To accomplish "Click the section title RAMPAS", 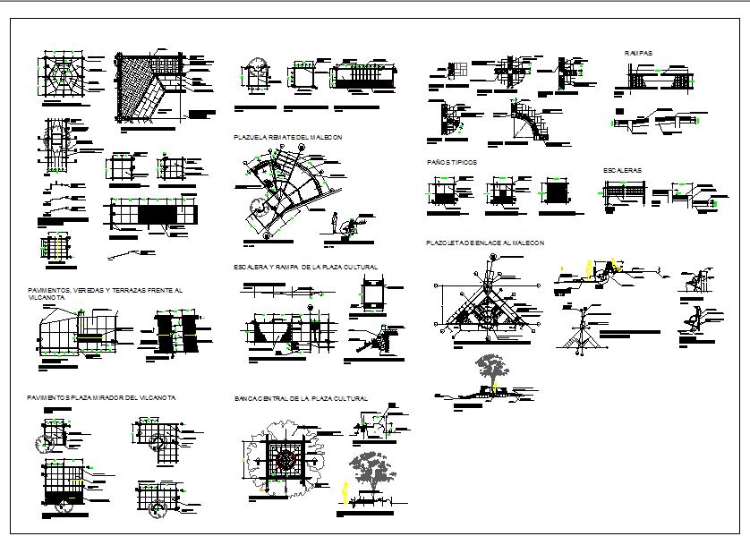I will click(638, 54).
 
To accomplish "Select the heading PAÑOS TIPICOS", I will click(451, 162).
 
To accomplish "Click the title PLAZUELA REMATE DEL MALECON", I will click(287, 137).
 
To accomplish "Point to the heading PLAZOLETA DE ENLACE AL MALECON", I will click(484, 243).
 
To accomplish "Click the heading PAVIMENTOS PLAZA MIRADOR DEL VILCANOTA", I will click(100, 397).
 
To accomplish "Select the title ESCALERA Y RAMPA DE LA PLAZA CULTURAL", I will click(305, 267).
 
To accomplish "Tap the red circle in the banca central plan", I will click(286, 460).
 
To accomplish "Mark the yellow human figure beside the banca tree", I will click(344, 491).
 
